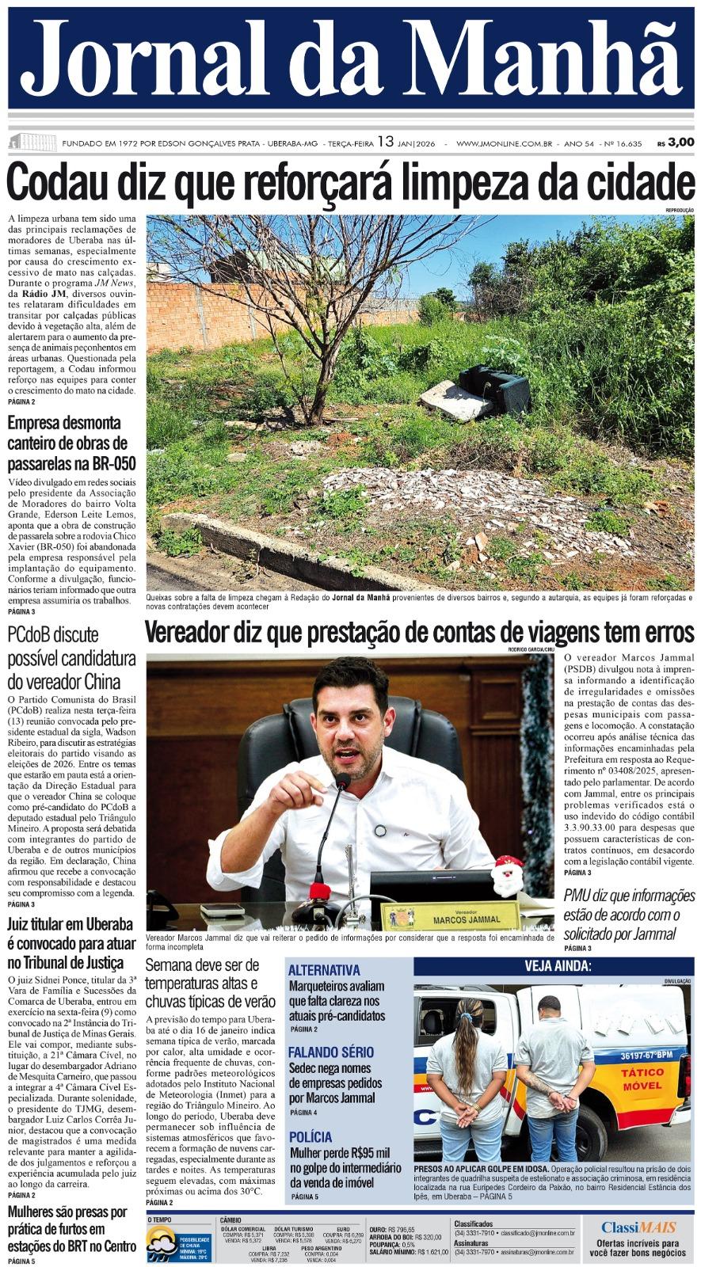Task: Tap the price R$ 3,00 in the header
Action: pyautogui.click(x=675, y=143)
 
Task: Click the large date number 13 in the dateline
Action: pyautogui.click(x=385, y=142)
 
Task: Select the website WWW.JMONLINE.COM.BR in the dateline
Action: pyautogui.click(x=504, y=143)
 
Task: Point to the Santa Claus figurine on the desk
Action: pyautogui.click(x=507, y=876)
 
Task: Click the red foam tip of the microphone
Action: pyautogui.click(x=320, y=892)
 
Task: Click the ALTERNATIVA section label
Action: pyautogui.click(x=324, y=970)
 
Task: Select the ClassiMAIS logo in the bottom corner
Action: pyautogui.click(x=638, y=1227)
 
